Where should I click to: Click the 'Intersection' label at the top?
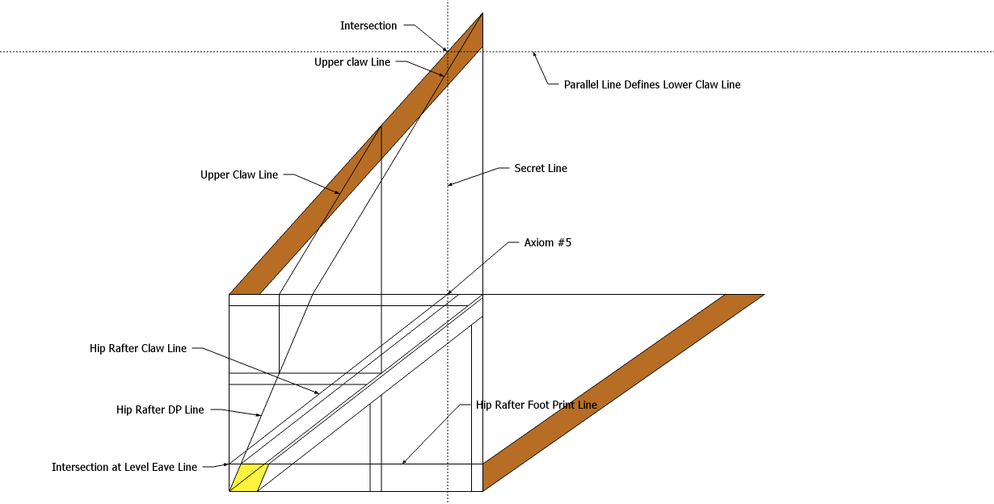[x=369, y=26]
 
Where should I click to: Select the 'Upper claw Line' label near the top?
[x=352, y=62]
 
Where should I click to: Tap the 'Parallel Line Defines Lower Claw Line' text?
[x=651, y=85]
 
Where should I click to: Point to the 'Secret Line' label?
[x=541, y=169]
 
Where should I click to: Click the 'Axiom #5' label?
[x=547, y=242]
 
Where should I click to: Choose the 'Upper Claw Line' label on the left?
[x=239, y=175]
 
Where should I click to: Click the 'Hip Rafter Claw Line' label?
[x=138, y=349]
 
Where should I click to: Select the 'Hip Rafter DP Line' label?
[x=160, y=410]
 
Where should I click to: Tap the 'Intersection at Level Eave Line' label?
[x=124, y=467]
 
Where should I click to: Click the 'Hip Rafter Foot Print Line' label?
[x=537, y=405]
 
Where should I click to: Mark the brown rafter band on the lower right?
[x=622, y=393]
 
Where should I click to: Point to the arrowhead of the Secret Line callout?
[x=449, y=185]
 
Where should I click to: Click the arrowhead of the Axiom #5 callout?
[x=449, y=293]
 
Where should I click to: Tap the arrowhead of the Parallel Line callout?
[x=533, y=54]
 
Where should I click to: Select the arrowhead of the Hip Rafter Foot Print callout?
[x=403, y=463]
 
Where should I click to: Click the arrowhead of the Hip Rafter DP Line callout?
[x=260, y=416]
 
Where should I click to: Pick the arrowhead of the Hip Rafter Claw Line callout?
[x=318, y=393]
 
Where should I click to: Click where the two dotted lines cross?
[x=447, y=52]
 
